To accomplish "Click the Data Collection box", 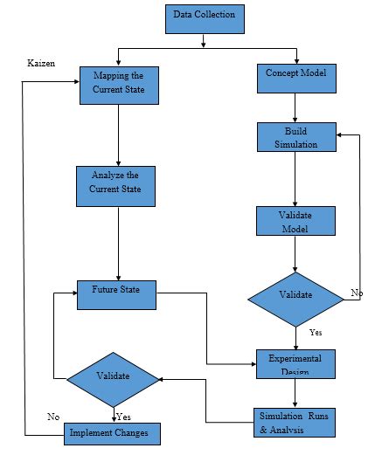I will coord(204,17).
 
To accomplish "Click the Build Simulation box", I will coord(295,137).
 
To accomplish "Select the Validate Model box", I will coord(295,220).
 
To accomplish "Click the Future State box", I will coord(117,293).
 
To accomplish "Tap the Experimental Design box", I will coord(295,363).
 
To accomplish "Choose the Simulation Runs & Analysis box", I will coord(295,422).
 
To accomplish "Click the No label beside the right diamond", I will coord(357,293).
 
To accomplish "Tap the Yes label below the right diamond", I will coord(316,333).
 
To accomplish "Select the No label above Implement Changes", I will coord(54,417).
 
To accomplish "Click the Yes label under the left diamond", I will coord(124,417).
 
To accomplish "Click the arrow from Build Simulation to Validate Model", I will coord(295,179).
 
